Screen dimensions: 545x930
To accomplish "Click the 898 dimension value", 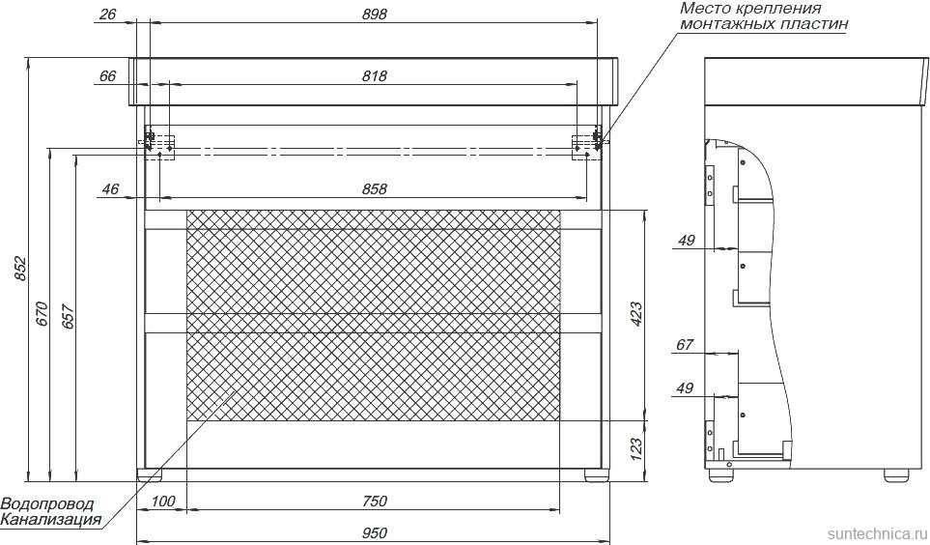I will (x=374, y=14).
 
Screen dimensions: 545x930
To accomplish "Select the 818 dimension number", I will (x=374, y=76).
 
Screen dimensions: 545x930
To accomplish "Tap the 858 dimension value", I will (x=374, y=189).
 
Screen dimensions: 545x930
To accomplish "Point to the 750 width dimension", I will (x=374, y=501).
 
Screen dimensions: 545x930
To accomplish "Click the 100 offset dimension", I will (x=163, y=501).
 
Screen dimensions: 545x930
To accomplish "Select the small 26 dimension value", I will (x=107, y=14).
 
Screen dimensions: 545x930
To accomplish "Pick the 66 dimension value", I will (x=107, y=76).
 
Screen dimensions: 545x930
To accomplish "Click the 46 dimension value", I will (x=109, y=189).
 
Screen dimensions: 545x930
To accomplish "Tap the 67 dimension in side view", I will (x=685, y=345).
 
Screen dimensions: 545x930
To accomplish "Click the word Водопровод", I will (x=47, y=504).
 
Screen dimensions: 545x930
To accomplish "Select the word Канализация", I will (x=50, y=520).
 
